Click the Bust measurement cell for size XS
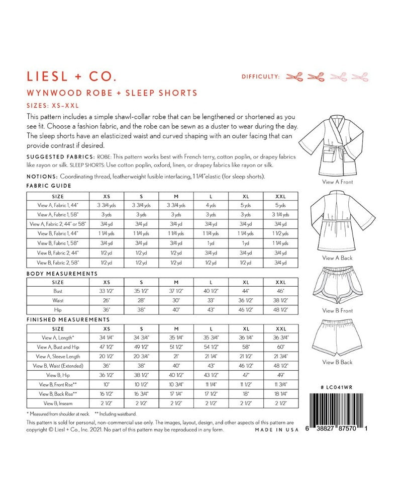(x=107, y=291)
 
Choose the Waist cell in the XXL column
(x=281, y=300)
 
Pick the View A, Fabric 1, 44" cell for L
(x=211, y=205)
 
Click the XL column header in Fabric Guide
(x=246, y=196)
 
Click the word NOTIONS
(x=42, y=177)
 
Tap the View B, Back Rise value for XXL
(x=281, y=393)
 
